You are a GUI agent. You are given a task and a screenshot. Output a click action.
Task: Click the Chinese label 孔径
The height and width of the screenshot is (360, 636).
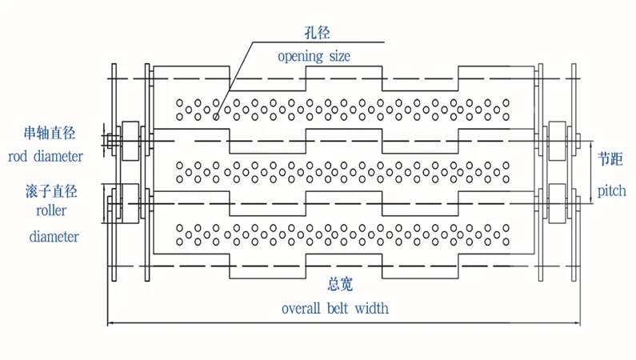[x=317, y=33]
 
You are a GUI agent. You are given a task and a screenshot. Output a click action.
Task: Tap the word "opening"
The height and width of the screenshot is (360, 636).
[x=300, y=56]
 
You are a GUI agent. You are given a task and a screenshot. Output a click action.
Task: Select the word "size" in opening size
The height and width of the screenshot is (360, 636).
[x=339, y=56]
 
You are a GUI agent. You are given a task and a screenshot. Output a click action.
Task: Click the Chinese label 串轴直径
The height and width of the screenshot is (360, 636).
[x=50, y=133]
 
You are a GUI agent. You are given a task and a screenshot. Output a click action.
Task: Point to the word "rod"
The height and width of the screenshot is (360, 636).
[x=18, y=156]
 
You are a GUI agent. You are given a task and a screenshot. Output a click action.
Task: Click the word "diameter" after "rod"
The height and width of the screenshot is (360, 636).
[x=58, y=156]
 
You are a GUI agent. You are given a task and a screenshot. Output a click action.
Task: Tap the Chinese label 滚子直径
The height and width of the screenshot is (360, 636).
[x=51, y=191]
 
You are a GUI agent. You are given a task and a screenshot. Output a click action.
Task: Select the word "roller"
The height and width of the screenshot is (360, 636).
[x=51, y=210]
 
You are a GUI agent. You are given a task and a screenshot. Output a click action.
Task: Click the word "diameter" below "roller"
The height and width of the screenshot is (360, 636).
[x=54, y=236]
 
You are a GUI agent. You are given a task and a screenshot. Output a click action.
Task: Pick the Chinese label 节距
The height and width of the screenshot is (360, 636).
[x=610, y=159]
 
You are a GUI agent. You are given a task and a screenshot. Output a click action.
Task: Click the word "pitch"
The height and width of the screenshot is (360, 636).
[x=612, y=190]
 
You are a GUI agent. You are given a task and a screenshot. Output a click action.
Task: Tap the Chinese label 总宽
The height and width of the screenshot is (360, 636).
[x=340, y=284]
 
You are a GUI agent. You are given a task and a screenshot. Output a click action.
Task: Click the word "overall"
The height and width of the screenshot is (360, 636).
[x=301, y=309]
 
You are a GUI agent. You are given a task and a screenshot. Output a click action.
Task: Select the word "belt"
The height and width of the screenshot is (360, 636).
[x=338, y=309]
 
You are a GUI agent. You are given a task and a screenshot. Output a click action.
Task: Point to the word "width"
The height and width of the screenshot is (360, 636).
[x=371, y=309]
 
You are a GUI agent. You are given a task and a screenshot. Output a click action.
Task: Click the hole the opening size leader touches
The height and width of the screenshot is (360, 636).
[x=216, y=117]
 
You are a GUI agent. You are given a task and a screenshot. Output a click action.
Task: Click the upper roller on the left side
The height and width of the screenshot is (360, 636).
[x=130, y=141]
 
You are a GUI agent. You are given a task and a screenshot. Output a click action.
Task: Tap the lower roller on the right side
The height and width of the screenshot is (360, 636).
[x=558, y=203]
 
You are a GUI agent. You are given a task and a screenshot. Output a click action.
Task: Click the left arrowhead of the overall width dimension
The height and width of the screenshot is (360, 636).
[x=110, y=323]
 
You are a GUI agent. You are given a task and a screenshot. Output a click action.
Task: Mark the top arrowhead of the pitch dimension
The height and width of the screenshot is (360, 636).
[x=590, y=143]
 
